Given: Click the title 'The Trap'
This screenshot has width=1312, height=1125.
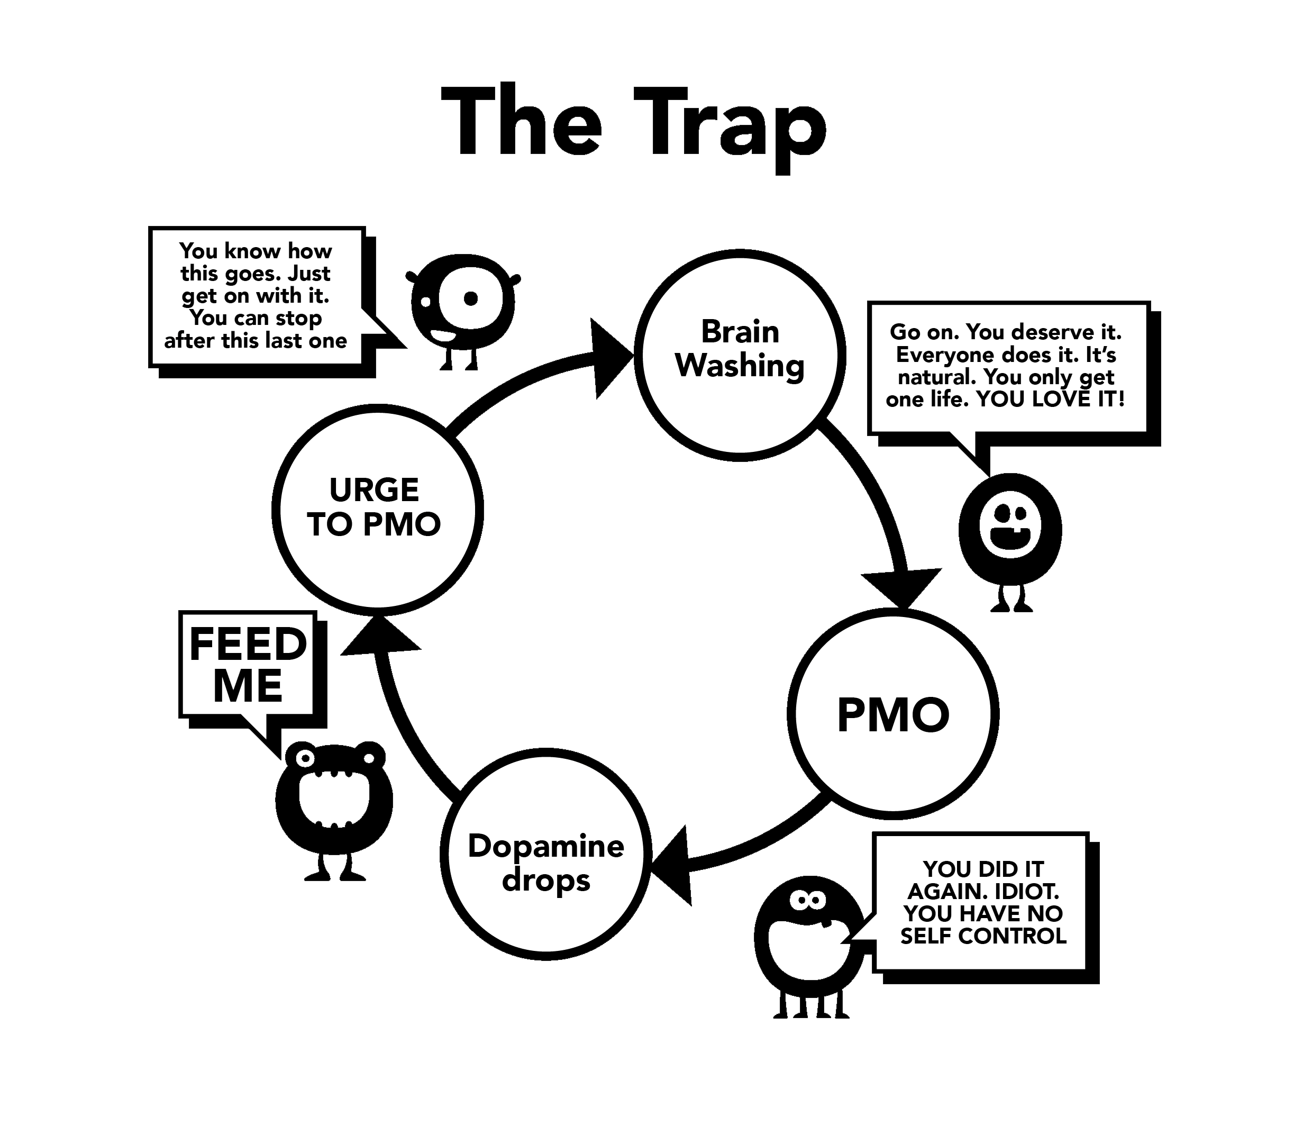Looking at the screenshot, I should pos(633,123).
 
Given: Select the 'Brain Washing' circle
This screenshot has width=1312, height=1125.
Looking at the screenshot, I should pos(740,350).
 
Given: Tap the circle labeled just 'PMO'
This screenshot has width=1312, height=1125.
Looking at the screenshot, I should pos(893,714).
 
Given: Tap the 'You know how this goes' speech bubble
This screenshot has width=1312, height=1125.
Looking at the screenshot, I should pos(256,295).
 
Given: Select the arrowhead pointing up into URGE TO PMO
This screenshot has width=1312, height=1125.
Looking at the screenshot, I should pos(380,636).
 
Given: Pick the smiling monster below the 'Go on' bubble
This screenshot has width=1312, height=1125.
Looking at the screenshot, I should pos(1009,531).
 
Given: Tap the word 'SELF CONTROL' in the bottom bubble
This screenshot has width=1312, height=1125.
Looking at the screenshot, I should pos(983,936).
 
